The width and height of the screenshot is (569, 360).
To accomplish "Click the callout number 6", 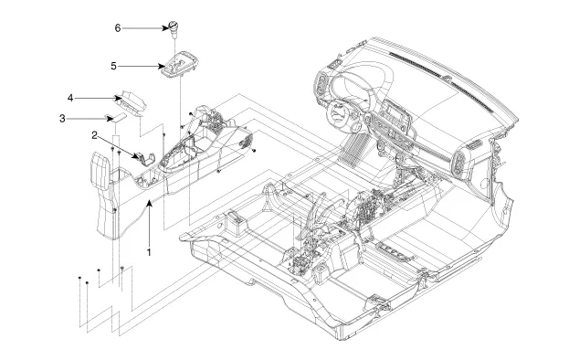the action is click(118, 28).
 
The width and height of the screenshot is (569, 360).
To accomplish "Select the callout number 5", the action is click(113, 66).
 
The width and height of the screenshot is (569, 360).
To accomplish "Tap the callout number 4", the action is click(70, 98).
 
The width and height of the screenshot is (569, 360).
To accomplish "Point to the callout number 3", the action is click(62, 119).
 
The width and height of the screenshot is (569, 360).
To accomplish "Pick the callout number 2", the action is click(94, 136).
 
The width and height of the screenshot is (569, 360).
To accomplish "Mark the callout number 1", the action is click(149, 252).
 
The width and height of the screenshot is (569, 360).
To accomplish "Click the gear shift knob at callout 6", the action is click(174, 29).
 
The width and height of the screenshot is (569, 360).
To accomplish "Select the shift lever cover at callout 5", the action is click(180, 64).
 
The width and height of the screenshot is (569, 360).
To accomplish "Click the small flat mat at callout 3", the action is click(116, 117).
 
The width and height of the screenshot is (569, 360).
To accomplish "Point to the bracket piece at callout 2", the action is click(146, 159).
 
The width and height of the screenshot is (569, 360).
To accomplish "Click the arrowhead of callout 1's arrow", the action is click(149, 204).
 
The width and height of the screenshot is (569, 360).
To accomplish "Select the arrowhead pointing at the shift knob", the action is click(166, 28).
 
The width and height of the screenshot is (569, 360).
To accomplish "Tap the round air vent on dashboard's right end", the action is click(458, 164).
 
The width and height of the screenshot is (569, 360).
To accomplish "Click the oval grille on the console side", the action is click(247, 140).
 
